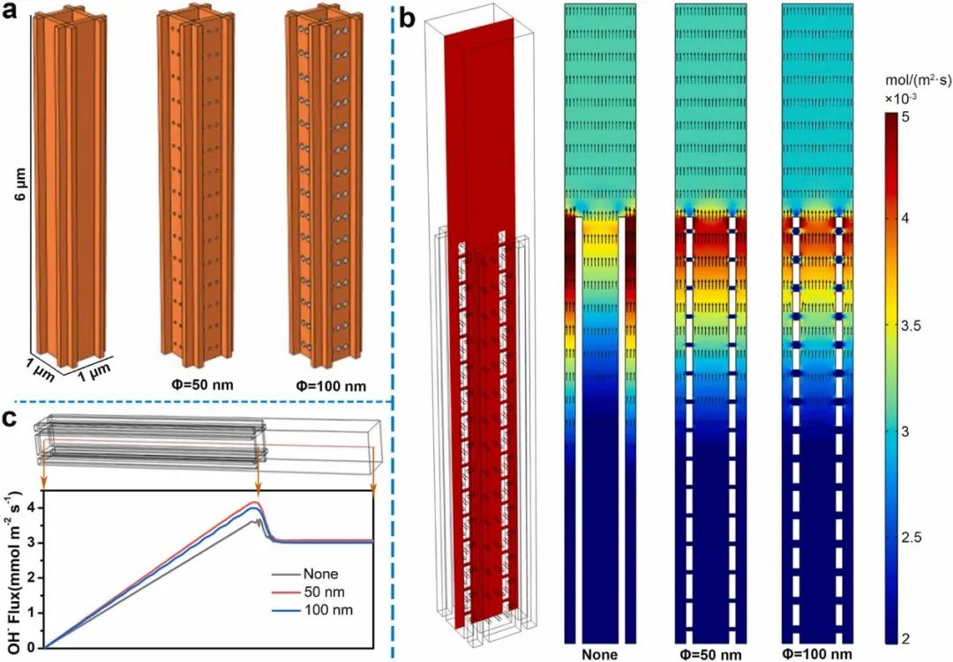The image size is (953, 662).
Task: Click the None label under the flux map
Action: click(x=599, y=653)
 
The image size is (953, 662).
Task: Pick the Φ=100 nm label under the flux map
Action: click(x=817, y=653)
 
